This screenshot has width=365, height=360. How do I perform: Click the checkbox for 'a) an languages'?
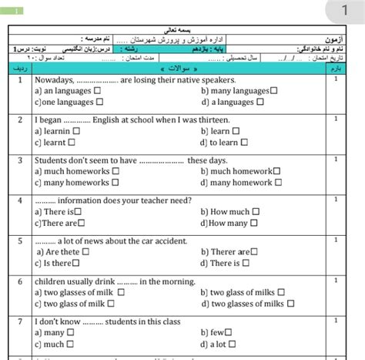point(98,91)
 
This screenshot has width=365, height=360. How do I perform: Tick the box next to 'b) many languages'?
point(274,91)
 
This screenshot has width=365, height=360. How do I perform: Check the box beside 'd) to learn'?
point(246,142)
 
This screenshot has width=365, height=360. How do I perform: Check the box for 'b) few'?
point(232,333)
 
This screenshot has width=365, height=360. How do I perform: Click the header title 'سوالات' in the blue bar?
point(179,69)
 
